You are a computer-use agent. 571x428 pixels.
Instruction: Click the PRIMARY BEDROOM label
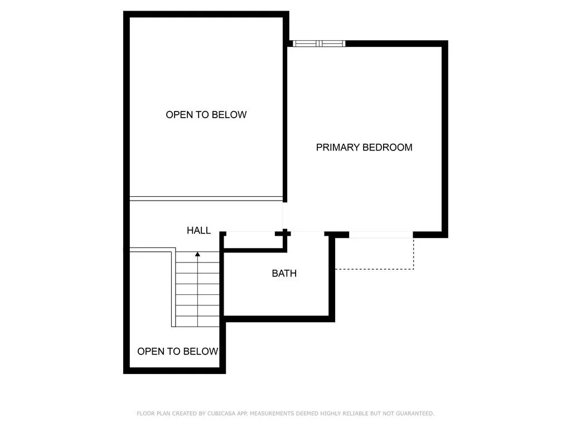click(364, 147)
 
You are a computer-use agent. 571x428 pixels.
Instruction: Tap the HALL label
click(199, 230)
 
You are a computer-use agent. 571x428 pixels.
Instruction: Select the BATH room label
click(284, 273)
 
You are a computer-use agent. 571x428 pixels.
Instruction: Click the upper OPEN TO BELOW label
click(206, 115)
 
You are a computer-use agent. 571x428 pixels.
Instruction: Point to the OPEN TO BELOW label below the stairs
click(178, 351)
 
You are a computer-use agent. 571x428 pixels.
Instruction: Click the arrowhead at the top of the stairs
click(197, 254)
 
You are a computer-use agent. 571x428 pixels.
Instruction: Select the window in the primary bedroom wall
click(319, 43)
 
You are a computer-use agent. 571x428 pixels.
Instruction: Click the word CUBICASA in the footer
click(221, 414)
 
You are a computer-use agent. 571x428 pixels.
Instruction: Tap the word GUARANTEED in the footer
click(415, 414)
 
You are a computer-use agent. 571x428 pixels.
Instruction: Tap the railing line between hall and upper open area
click(206, 199)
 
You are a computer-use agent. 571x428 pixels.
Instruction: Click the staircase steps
click(197, 289)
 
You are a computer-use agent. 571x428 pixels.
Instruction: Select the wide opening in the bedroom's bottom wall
click(381, 235)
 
